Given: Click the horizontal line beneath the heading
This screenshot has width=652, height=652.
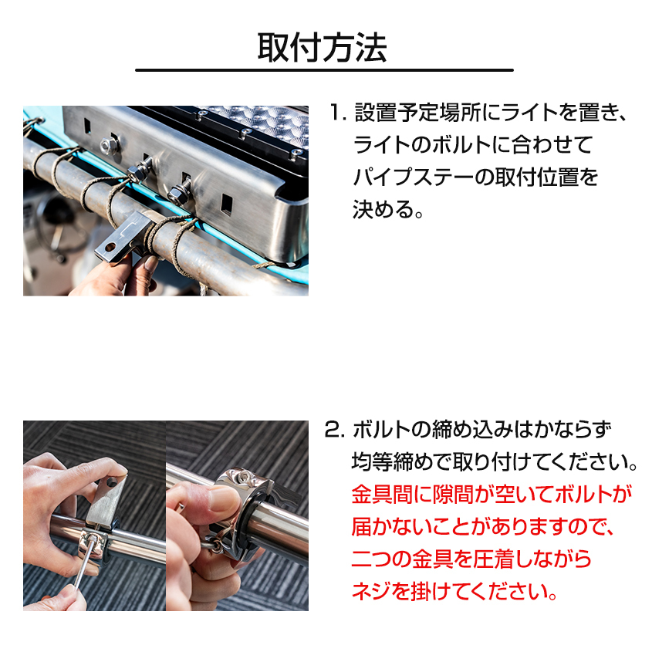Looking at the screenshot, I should coord(324,71).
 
